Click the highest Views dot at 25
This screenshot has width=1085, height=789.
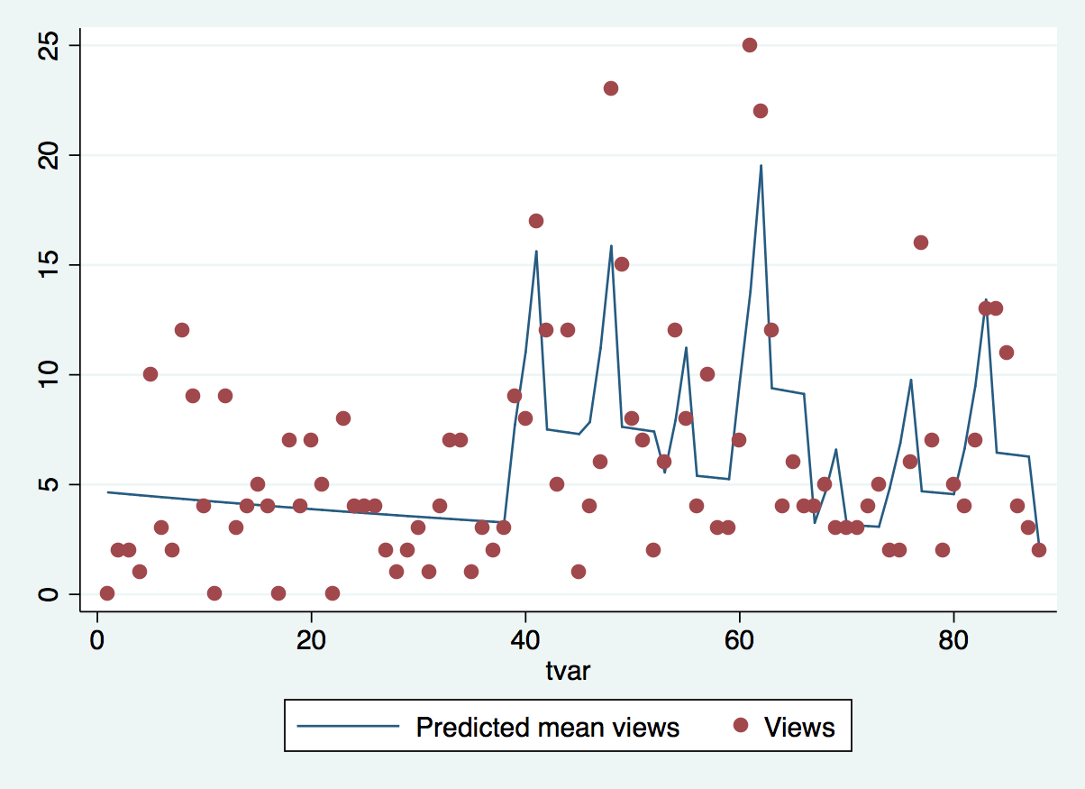749,45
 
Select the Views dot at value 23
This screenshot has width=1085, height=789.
610,88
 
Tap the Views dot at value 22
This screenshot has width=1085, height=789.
760,111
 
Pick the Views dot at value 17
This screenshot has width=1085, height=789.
535,221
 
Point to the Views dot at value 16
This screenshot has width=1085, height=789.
920,243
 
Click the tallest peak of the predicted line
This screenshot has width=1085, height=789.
761,166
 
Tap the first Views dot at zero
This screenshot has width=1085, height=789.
107,592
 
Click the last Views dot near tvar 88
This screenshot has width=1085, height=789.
1038,550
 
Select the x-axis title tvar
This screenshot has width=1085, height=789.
568,672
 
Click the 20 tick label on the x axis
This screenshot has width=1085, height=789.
311,643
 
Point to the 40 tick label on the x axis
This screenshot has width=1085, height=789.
525,643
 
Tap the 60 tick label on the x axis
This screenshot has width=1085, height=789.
739,643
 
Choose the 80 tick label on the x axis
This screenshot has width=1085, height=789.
953,643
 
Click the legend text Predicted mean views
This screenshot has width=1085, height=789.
547,727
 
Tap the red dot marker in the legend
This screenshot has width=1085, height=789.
741,726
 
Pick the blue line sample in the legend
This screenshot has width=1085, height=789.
348,726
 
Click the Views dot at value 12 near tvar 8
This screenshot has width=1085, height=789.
182,330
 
